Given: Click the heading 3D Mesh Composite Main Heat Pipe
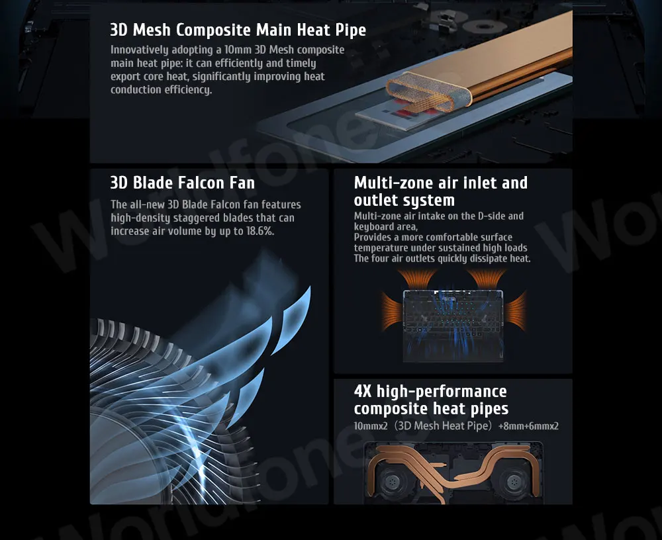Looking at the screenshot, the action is (238, 30).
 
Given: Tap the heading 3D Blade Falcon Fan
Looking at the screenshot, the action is (183, 183).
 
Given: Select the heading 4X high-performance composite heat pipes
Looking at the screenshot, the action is (431, 400).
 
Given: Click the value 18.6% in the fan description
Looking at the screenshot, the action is (260, 232).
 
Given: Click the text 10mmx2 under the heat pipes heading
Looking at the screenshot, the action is (371, 426).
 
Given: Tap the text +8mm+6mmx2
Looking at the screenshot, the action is (528, 426).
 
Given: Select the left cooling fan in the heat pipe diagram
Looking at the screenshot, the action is (392, 481).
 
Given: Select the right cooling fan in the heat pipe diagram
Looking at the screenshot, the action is (513, 481).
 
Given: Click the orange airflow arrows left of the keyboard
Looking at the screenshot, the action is (391, 312).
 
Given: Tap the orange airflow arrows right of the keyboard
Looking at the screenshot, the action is (516, 312).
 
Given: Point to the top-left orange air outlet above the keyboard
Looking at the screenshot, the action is (416, 278).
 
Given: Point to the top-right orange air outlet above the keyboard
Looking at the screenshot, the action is (486, 278).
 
